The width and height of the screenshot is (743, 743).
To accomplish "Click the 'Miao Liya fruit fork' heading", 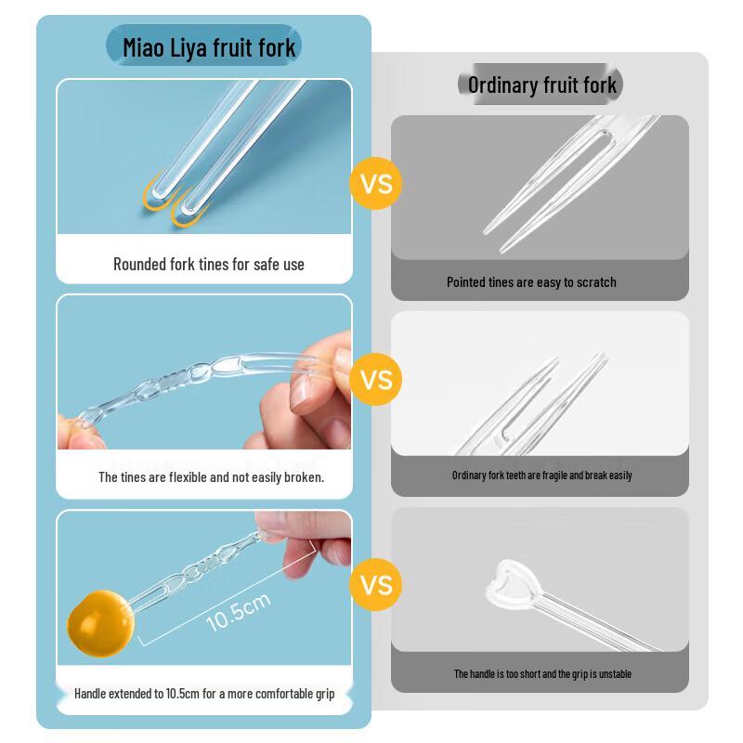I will click(x=209, y=47).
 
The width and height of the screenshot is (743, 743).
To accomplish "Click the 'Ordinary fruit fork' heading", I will click(x=542, y=85).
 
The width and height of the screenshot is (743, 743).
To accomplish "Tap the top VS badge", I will click(x=376, y=183).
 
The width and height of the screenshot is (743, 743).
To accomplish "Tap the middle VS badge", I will click(x=376, y=380).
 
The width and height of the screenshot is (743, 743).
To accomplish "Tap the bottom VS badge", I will click(x=376, y=584).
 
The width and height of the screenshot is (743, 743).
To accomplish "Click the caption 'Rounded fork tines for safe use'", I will click(x=209, y=265).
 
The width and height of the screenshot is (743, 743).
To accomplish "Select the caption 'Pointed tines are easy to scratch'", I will click(x=531, y=282).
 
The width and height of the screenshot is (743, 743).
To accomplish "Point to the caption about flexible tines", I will click(x=212, y=477).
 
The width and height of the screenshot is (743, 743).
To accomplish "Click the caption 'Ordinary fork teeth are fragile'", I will click(x=541, y=476).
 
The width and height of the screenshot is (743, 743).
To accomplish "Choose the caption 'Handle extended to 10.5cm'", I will click(x=204, y=694).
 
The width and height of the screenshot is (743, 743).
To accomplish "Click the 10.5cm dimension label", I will click(x=239, y=611).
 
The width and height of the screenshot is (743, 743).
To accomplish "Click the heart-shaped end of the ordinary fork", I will click(x=509, y=584).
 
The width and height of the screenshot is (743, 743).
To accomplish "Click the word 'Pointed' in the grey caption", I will click(x=466, y=282).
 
